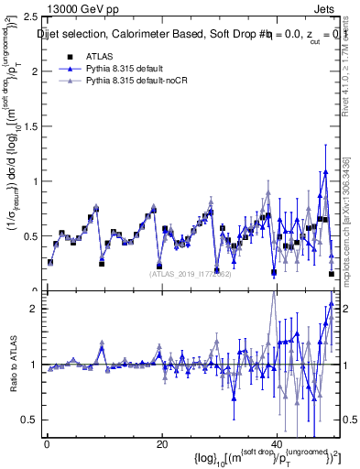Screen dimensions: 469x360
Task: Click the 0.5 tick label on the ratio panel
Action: [28, 420]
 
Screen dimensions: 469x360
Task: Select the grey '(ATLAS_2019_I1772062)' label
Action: [191, 272]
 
